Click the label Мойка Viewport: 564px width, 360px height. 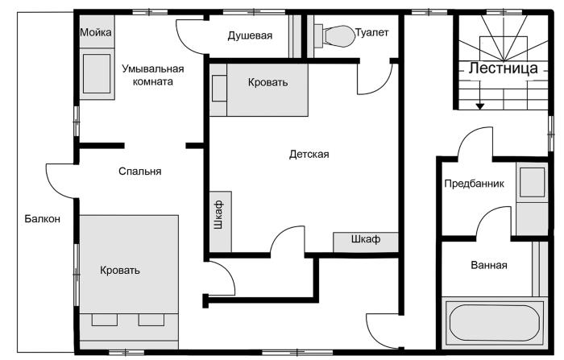click(x=96, y=32)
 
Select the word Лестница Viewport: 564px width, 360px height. click(x=504, y=68)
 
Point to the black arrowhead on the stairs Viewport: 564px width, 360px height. click(x=480, y=106)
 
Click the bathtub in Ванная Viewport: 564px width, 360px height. click(x=494, y=322)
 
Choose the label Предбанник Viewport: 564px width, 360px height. click(x=474, y=184)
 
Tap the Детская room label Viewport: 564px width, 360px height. click(x=309, y=155)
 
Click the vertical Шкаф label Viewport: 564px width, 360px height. click(x=218, y=215)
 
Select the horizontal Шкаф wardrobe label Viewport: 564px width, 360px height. click(x=366, y=239)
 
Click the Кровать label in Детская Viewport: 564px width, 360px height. click(x=268, y=82)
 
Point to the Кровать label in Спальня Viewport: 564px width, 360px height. click(x=120, y=270)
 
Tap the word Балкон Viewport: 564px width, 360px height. click(x=43, y=219)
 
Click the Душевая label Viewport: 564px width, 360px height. click(x=250, y=35)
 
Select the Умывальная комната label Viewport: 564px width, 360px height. click(x=153, y=75)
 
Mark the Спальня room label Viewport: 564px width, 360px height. click(x=140, y=172)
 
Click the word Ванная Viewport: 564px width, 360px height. click(x=489, y=266)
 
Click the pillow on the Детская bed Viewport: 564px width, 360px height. click(x=219, y=89)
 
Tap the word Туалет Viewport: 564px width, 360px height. click(x=372, y=32)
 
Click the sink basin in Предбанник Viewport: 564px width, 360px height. click(x=532, y=182)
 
